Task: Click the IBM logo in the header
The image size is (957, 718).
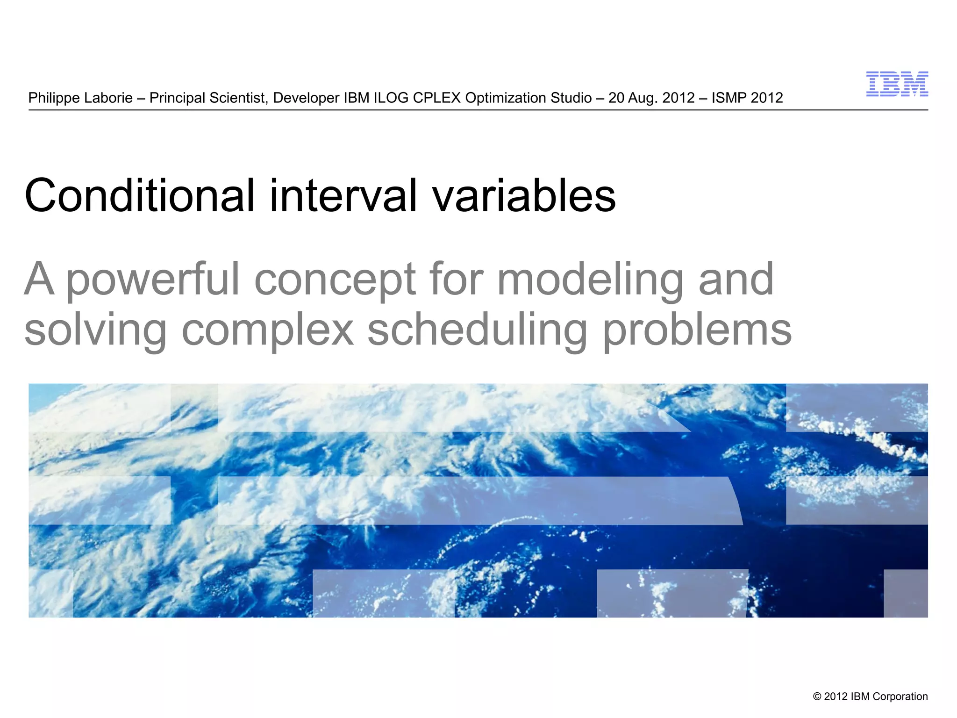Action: point(897,84)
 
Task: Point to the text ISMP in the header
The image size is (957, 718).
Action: point(729,98)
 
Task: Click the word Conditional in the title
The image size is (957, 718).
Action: point(139,195)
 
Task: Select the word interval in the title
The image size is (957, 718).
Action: point(343,195)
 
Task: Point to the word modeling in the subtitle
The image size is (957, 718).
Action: point(590,280)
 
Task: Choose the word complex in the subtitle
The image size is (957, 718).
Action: point(267,330)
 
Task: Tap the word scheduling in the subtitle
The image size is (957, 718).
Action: point(477,330)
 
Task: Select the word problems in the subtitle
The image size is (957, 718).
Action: point(697,330)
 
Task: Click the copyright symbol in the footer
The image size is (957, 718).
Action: point(817,696)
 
